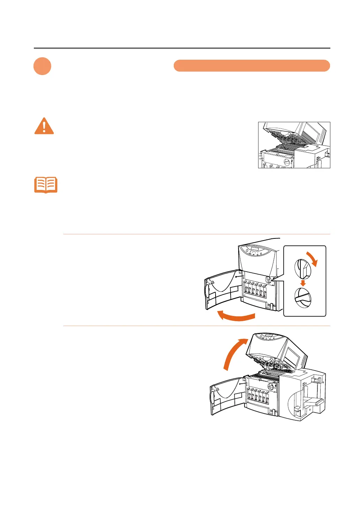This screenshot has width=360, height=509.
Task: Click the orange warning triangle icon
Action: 44,126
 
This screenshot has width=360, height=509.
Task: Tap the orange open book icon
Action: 46,185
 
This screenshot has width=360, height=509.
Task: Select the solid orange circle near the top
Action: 42,66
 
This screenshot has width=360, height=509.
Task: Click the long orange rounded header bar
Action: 252,66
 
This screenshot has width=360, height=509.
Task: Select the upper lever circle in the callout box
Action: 302,268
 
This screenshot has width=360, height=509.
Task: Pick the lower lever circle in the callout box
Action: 303,298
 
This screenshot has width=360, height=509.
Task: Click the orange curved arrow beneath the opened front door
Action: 236,316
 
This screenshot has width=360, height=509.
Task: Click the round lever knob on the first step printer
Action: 269,280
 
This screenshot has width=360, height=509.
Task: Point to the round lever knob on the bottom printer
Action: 271,386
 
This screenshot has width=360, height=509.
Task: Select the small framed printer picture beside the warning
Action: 294,145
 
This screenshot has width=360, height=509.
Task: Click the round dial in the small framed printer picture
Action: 287,162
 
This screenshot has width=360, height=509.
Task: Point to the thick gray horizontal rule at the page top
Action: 182,48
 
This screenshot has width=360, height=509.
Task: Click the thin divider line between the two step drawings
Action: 196,326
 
